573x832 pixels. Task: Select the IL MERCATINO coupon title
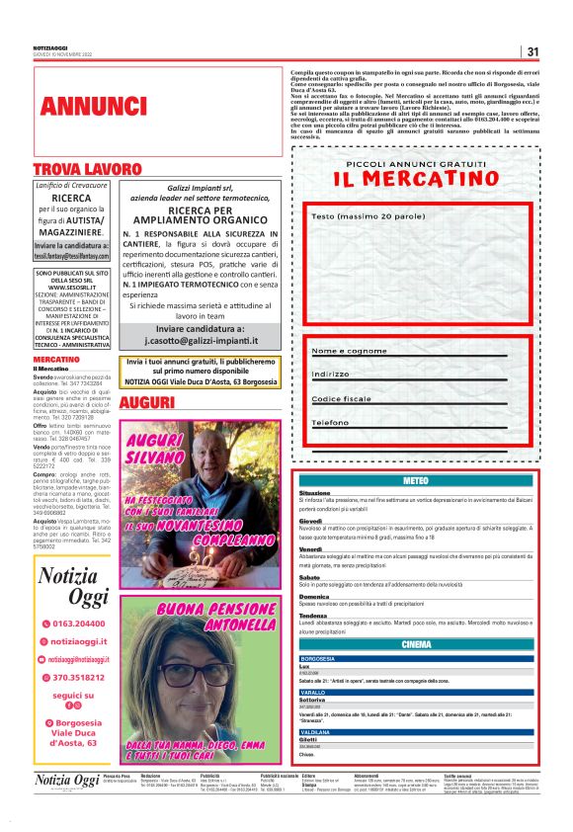(x=416, y=179)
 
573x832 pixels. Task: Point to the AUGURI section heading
(x=147, y=403)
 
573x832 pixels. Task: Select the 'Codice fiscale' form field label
(x=342, y=398)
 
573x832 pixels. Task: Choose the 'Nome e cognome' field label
(x=349, y=351)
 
